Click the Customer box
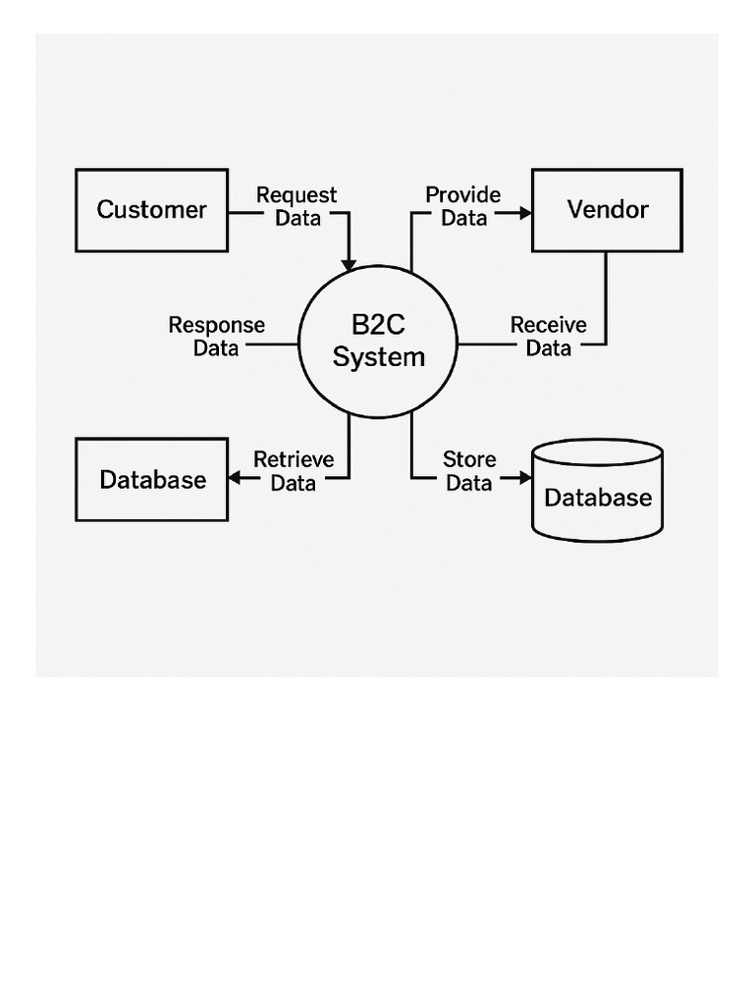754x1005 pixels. (x=152, y=210)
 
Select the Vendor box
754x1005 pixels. (x=607, y=210)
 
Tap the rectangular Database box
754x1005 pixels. (x=152, y=480)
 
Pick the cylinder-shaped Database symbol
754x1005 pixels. (x=597, y=490)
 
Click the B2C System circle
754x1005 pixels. (x=378, y=342)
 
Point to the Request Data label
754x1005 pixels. (x=296, y=206)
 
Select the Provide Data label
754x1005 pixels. (x=462, y=206)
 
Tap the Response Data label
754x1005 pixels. (x=216, y=336)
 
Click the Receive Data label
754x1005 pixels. (x=548, y=336)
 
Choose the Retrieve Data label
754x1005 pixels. (x=294, y=470)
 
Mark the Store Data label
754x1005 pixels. (x=469, y=470)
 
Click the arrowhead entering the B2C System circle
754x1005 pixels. (x=349, y=264)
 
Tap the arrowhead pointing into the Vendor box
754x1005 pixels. (x=524, y=211)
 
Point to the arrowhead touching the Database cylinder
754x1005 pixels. (x=524, y=479)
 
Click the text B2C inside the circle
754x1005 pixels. (x=378, y=325)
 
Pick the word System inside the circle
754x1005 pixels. (x=378, y=357)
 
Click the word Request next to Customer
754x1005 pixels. (x=296, y=195)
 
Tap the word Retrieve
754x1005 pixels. (x=294, y=459)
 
